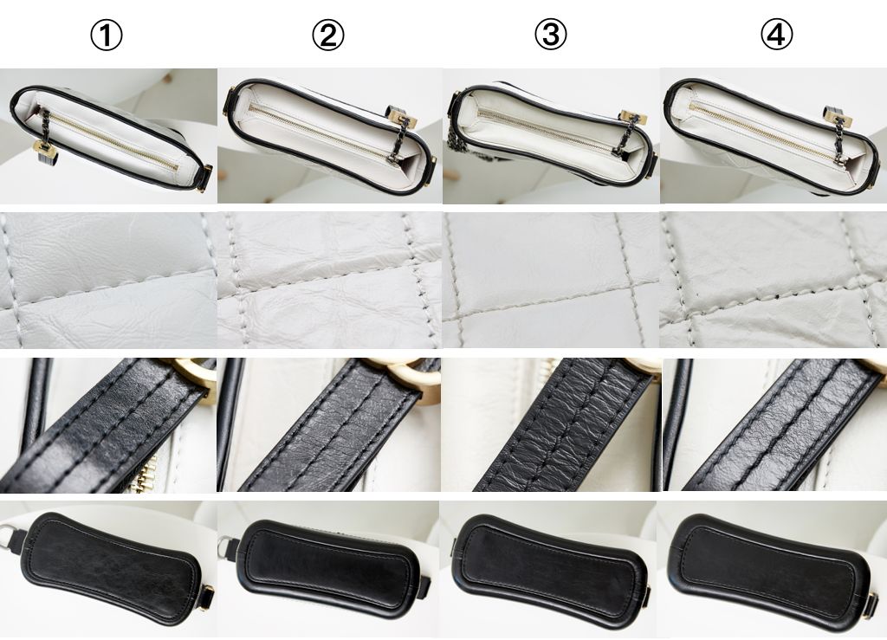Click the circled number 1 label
[x=107, y=36]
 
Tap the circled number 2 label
[x=328, y=36]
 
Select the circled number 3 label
[x=550, y=35]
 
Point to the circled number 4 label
[x=777, y=35]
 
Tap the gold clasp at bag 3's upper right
[x=631, y=118]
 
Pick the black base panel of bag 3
[x=552, y=572]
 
